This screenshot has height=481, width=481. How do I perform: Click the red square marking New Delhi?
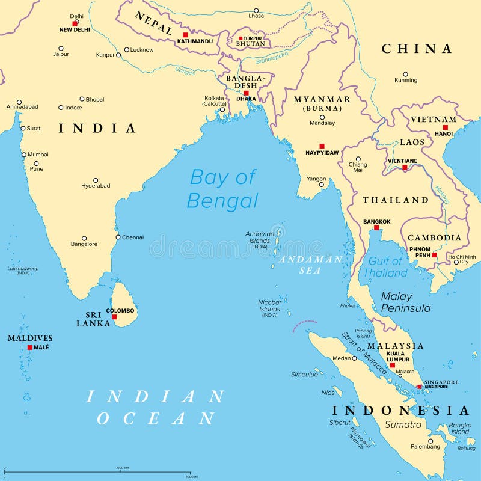pos(75,23)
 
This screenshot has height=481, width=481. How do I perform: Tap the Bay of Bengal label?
pos(222,188)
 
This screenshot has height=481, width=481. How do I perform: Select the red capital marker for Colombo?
pos(114,316)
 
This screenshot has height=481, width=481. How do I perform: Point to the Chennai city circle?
pos(118,237)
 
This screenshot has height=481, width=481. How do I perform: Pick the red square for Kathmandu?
pos(185,35)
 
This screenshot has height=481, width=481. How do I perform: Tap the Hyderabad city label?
pos(96,186)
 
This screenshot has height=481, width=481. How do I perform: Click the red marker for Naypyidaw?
pos(322,146)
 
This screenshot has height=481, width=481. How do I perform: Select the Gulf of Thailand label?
pos(385,267)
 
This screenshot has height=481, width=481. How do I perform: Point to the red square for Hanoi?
pos(445,127)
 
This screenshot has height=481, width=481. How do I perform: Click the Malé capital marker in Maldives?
pos(29,347)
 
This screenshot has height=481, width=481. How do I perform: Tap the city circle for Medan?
pos(354,358)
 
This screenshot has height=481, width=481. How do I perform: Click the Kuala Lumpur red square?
pos(392,365)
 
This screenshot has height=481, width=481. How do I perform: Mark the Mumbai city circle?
pos(24,155)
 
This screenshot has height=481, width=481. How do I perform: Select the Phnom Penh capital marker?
pos(434,255)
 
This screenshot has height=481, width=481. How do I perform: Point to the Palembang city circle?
pos(430,441)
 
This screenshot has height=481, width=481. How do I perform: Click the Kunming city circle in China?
pos(406,73)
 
